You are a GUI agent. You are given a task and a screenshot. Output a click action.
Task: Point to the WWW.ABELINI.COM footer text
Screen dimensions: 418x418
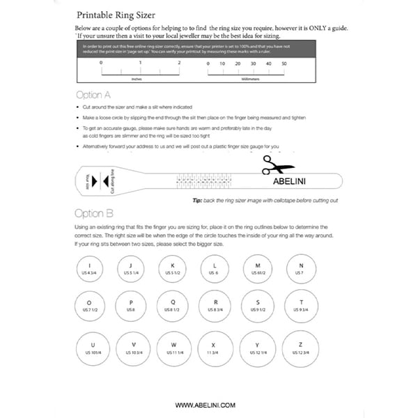(x=205, y=405)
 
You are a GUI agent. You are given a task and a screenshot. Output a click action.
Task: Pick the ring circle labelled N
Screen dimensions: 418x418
(x=301, y=268)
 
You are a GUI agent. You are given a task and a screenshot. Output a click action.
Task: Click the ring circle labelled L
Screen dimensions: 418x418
(x=215, y=268)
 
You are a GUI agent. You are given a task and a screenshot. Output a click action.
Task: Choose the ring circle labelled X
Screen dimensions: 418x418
(x=215, y=349)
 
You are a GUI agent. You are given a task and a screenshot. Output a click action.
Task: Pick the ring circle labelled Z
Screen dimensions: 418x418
(x=301, y=349)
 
